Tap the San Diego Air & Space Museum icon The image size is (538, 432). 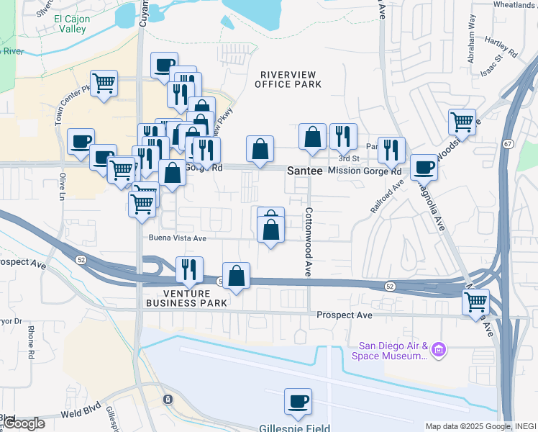click(439, 351)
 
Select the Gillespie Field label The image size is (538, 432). click(295, 427)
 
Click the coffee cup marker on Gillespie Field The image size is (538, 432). click(298, 402)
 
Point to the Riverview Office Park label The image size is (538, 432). click(291, 79)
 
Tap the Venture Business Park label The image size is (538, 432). click(186, 298)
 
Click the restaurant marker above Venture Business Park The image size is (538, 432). click(189, 269)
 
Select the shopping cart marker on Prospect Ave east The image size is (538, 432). click(475, 302)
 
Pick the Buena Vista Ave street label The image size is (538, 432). click(178, 238)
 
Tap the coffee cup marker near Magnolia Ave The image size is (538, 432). click(424, 167)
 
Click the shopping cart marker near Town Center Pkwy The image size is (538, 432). click(104, 83)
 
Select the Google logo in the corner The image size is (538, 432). click(23, 423)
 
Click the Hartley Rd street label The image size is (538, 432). click(501, 47)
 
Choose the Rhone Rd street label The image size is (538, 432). click(31, 343)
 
